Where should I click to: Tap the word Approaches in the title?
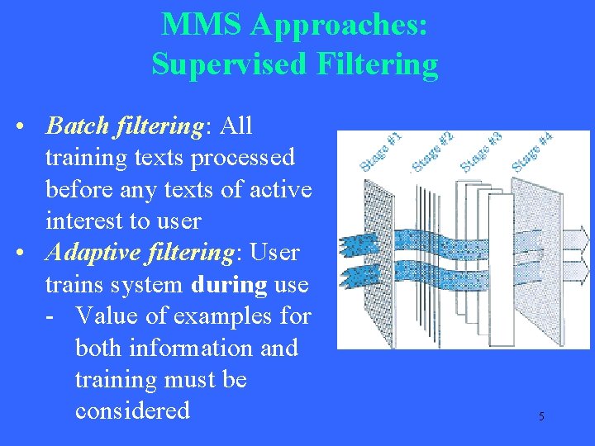(x=338, y=25)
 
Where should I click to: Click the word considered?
(x=132, y=410)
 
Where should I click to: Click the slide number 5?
(x=541, y=416)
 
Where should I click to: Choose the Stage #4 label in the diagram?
(x=532, y=150)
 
